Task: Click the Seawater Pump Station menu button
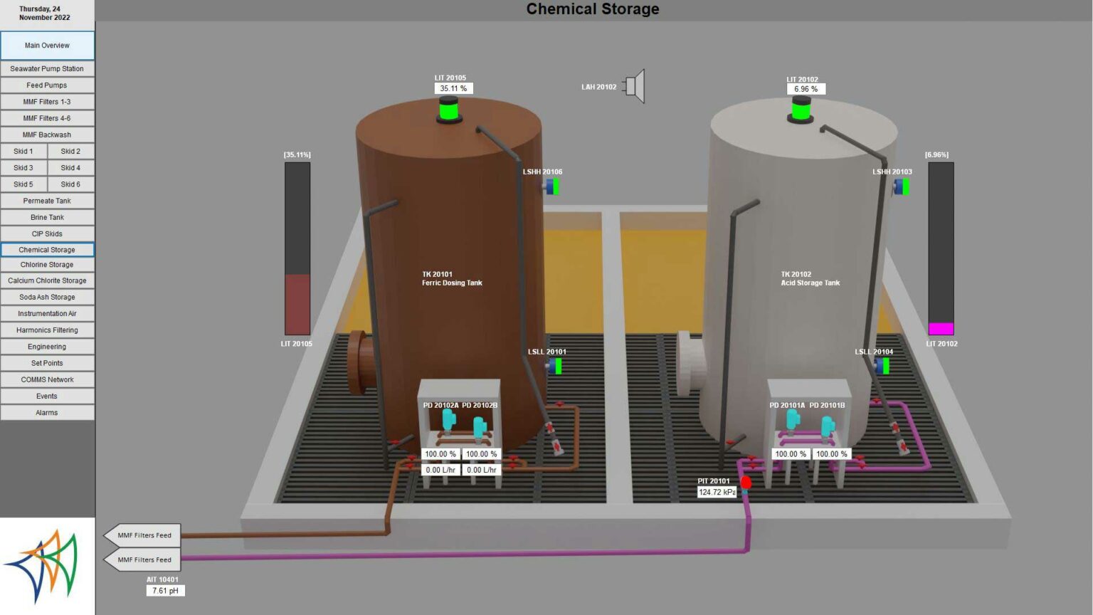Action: coord(47,69)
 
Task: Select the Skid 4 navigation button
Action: coord(70,168)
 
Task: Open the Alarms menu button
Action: coord(47,412)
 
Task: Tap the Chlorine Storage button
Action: coord(47,265)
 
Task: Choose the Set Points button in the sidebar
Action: coord(47,363)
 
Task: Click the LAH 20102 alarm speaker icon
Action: coord(633,86)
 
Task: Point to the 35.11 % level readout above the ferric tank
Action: coord(453,88)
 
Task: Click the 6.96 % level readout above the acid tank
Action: coord(806,89)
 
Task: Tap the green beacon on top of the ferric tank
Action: coord(449,110)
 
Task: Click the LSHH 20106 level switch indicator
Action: coord(552,186)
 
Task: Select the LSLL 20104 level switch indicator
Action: coord(882,366)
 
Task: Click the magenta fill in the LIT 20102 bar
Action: coord(941,328)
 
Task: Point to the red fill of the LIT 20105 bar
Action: coord(297,305)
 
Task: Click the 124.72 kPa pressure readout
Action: coord(717,492)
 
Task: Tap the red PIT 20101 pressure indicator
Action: coord(746,483)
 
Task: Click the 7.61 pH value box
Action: coord(165,591)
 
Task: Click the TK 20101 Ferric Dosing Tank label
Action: coord(452,279)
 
